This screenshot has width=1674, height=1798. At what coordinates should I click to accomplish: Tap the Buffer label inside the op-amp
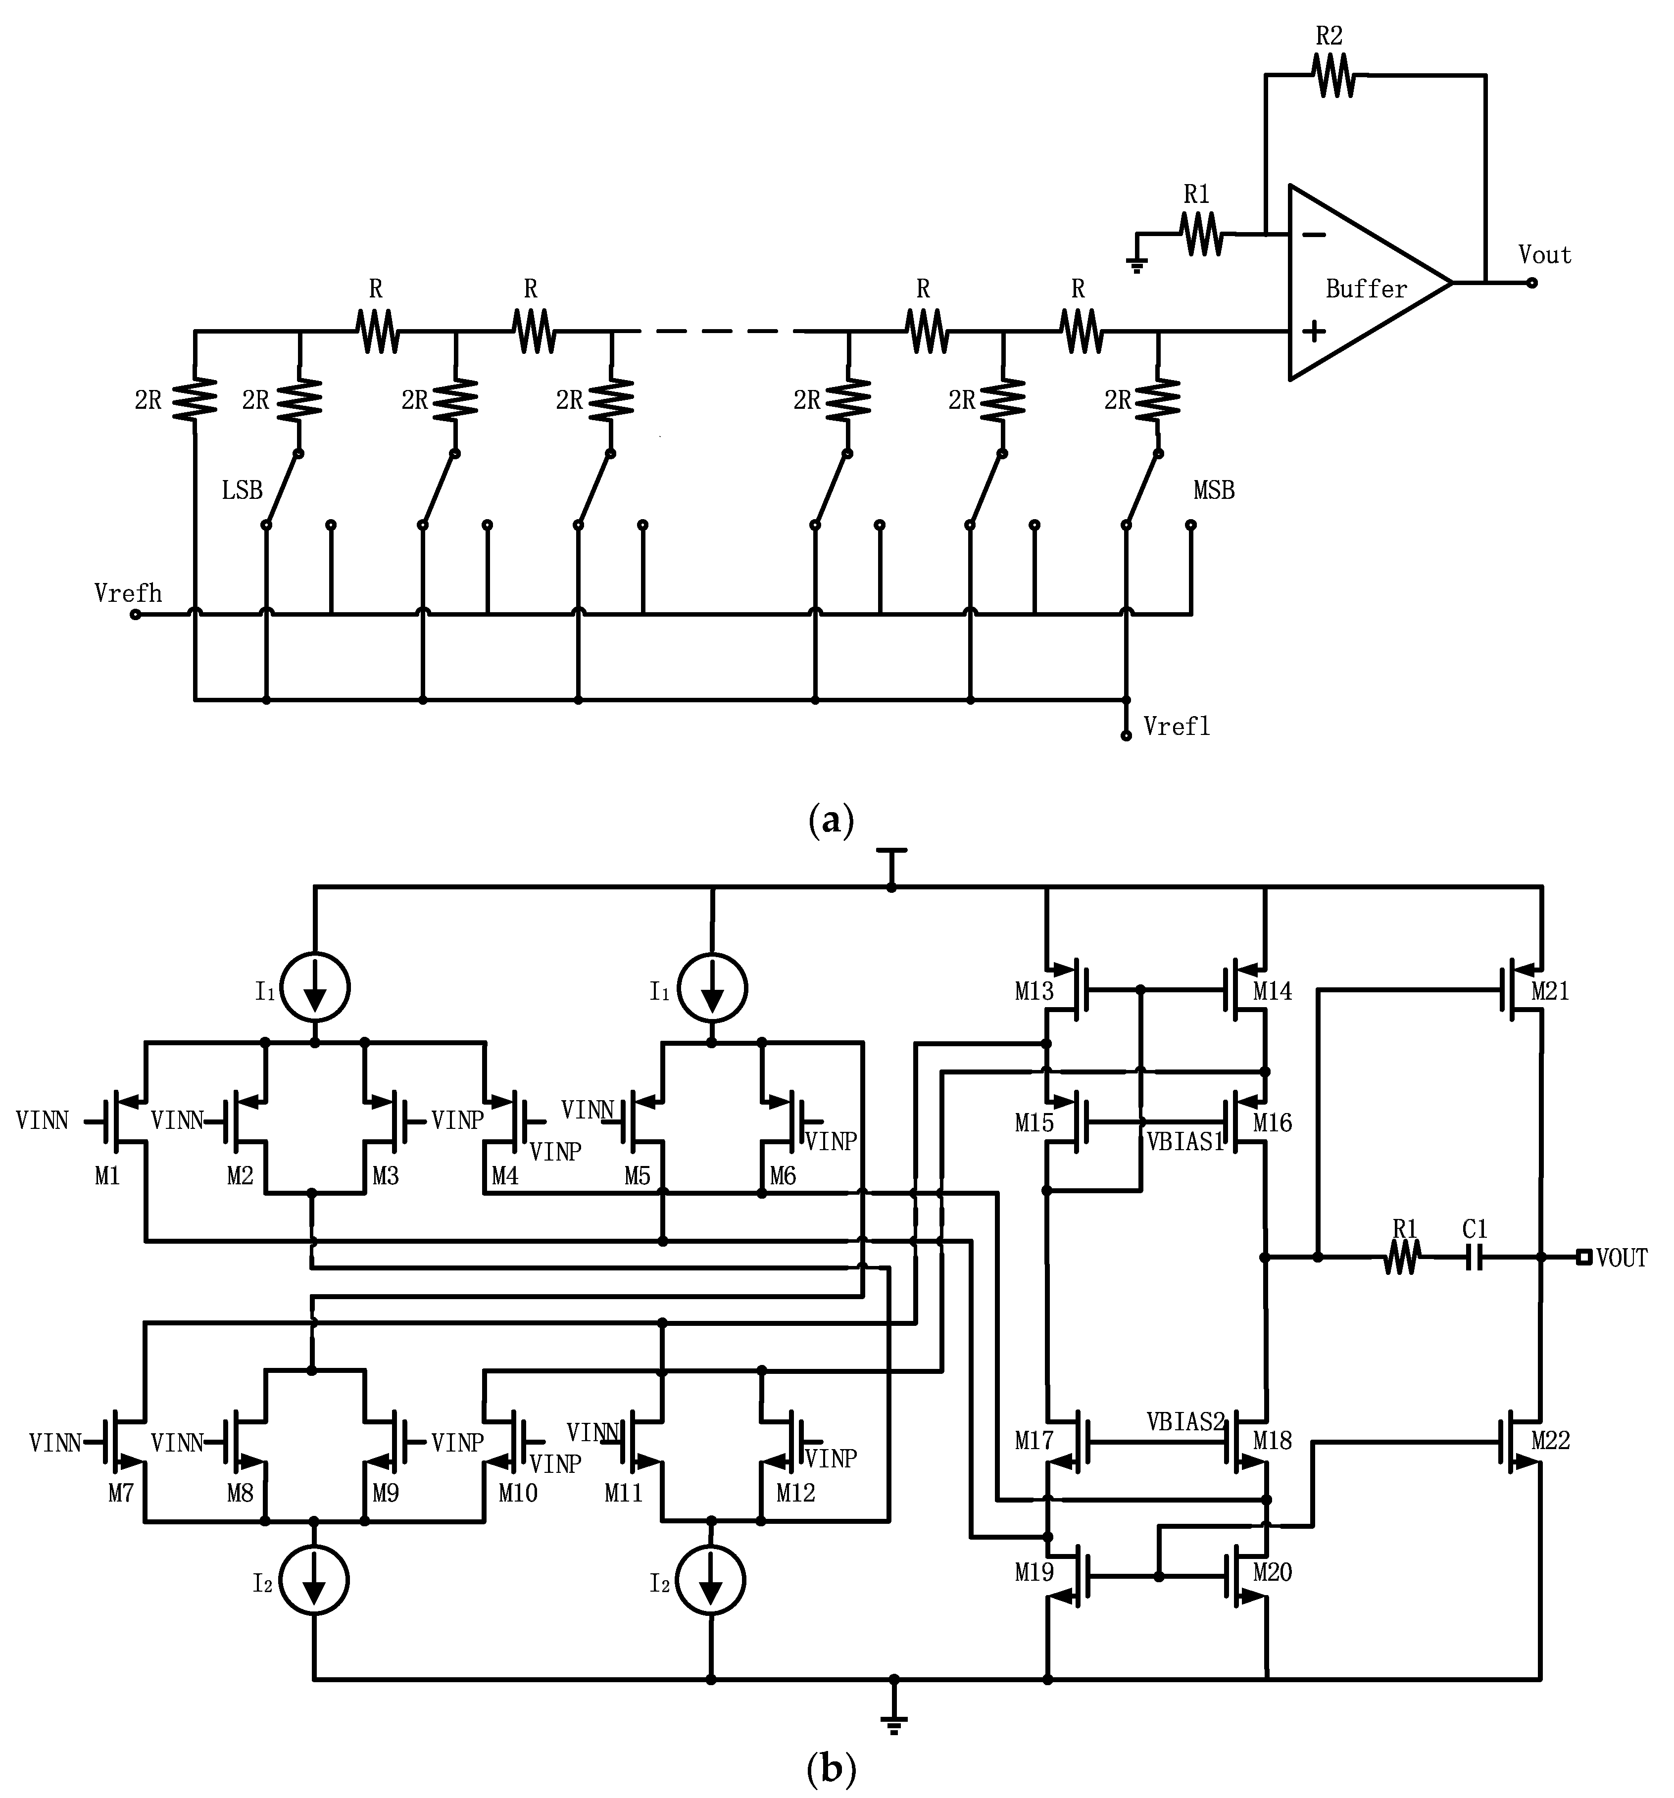point(1366,290)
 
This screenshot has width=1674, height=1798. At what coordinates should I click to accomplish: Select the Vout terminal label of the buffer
point(1545,255)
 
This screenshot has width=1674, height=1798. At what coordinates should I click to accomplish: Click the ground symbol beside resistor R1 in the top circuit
point(1137,264)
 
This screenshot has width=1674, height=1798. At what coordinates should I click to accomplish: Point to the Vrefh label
point(128,593)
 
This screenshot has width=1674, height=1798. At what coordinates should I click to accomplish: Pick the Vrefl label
point(1176,726)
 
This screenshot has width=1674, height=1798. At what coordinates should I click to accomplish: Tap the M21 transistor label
point(1550,991)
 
